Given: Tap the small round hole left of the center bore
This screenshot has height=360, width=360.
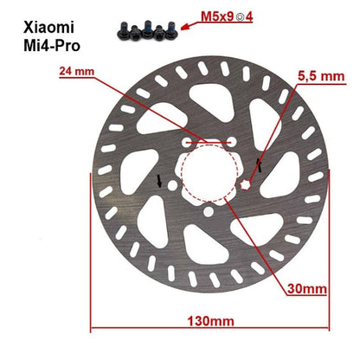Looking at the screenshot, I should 172,184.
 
